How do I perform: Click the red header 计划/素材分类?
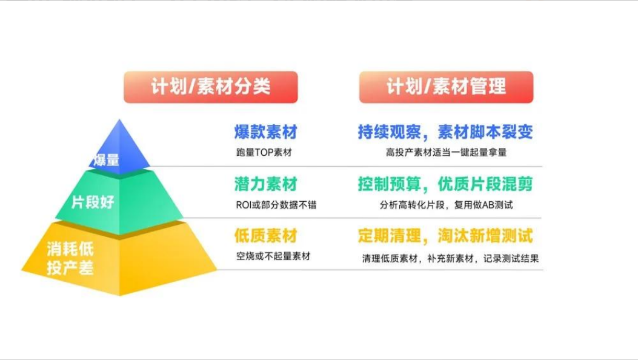211,87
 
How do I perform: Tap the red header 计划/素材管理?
446,87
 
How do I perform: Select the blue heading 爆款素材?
266,132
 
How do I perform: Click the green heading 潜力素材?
266,184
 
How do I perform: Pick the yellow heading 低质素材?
266,236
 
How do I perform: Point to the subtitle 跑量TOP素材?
264,153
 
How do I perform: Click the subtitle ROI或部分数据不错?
276,205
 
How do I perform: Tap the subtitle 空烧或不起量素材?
273,256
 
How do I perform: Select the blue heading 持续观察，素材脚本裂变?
445,132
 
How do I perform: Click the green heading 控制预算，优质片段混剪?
445,184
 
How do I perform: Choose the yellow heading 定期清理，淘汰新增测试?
445,236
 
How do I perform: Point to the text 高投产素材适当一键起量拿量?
447,153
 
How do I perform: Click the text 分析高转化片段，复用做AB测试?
447,205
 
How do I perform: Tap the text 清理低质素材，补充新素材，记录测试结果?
450,258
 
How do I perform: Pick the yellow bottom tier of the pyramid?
119,259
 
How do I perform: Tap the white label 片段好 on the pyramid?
93,202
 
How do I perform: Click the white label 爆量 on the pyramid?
107,160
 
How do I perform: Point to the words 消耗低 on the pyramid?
70,249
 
